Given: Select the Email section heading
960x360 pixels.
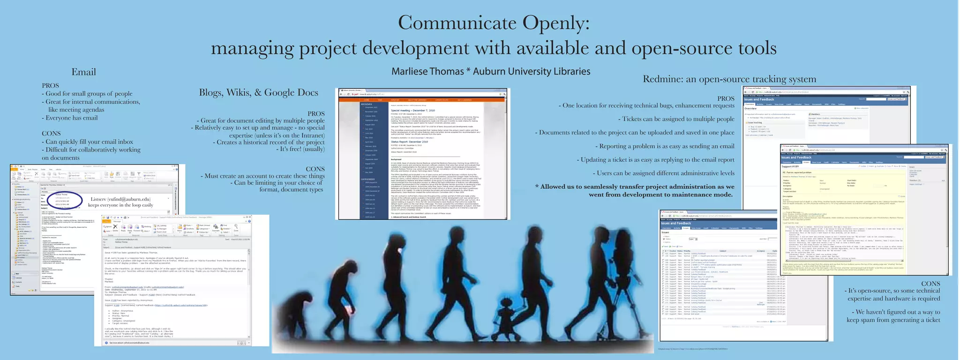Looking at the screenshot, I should pos(83,72).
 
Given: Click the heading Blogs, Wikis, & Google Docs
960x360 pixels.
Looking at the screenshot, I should pos(258,92).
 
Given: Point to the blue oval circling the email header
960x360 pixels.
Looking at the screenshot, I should pos(68,199).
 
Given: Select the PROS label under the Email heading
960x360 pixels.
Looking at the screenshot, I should pos(50,85).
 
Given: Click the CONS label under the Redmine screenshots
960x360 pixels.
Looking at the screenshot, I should pos(930,283).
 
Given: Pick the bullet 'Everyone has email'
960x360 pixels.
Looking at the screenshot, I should pos(71,118).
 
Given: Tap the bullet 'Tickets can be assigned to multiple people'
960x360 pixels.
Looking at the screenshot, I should pos(678,119).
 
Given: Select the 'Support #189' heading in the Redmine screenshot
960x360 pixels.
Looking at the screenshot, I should pos(790,166).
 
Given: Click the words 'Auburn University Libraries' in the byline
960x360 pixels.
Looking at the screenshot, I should pos(532,71).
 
